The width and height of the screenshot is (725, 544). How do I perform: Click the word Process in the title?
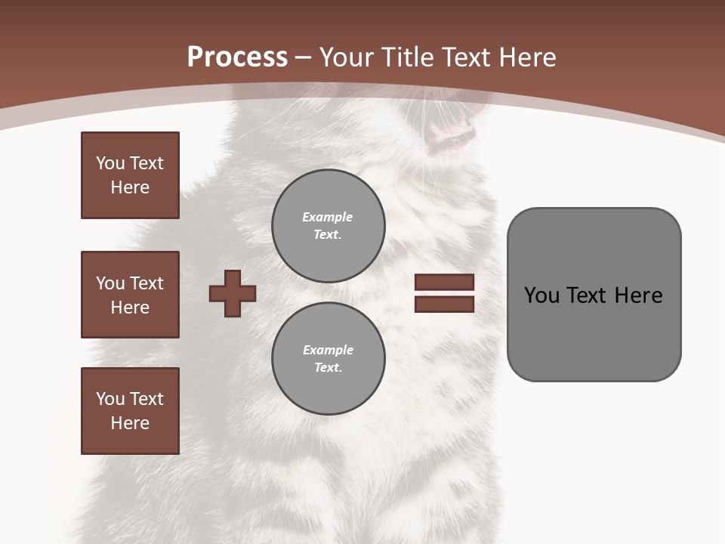(237, 57)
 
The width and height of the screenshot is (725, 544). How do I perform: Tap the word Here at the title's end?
(526, 57)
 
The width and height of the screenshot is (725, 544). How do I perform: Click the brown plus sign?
(233, 293)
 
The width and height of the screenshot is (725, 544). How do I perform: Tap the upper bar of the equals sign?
(444, 282)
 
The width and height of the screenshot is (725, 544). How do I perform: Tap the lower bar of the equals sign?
(444, 304)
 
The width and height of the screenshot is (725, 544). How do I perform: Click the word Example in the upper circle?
(328, 217)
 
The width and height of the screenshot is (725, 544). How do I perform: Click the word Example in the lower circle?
(328, 350)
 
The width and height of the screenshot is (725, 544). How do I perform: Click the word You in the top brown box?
(109, 163)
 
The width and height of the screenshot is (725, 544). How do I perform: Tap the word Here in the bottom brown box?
(130, 423)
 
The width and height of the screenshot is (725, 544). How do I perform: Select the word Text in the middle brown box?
(147, 283)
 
